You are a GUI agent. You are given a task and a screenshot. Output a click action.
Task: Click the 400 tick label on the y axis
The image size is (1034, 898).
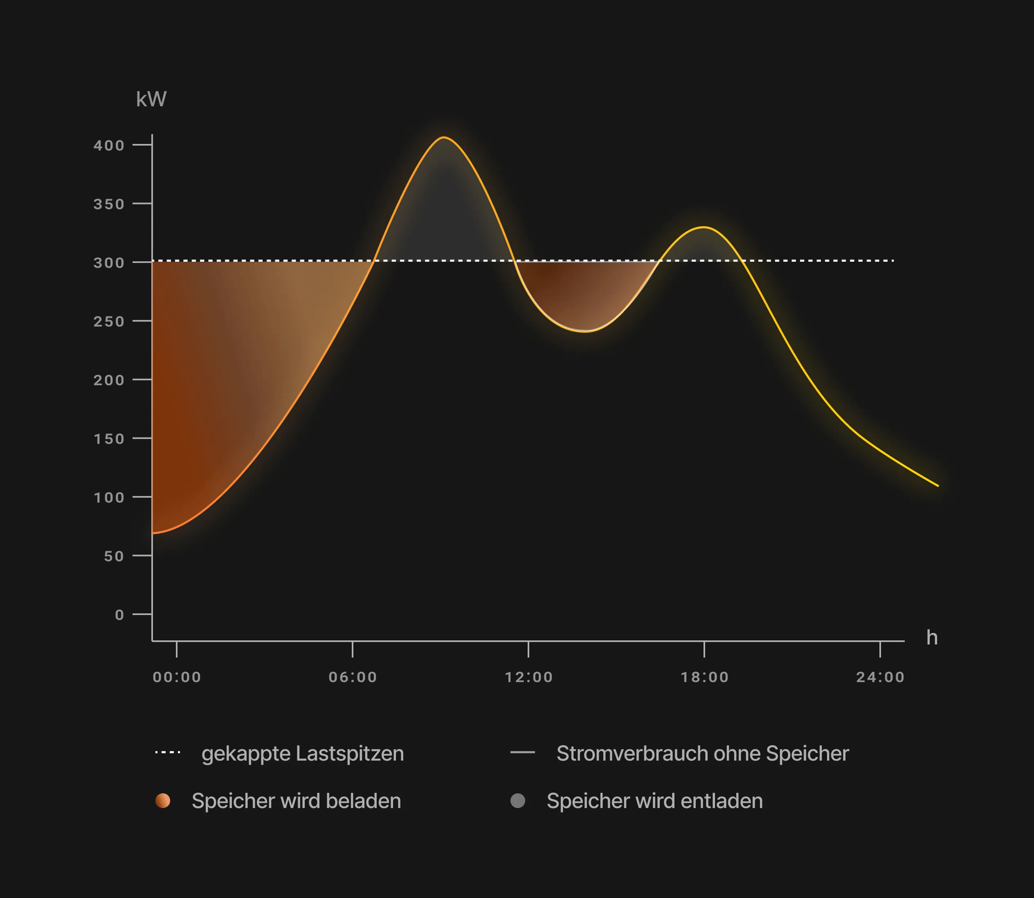point(109,145)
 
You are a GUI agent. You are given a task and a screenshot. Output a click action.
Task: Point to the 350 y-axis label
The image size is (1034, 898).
point(109,204)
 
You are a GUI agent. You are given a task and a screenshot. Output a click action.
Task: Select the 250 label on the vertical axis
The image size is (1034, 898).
point(109,321)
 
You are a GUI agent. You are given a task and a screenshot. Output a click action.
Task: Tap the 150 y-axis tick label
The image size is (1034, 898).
point(109,439)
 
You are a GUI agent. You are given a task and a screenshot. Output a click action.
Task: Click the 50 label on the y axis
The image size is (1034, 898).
point(114,556)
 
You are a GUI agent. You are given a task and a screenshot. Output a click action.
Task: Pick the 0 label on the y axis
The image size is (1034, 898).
point(119,615)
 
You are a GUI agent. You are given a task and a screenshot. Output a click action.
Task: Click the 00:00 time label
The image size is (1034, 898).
point(177,677)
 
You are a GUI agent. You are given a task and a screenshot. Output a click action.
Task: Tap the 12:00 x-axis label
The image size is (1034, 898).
point(529,677)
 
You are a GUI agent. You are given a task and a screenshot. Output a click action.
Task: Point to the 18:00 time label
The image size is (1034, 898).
point(705,677)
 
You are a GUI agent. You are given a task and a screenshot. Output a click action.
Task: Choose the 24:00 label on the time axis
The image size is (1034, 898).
point(880,677)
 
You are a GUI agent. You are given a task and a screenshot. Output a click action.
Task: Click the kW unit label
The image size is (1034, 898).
point(151,99)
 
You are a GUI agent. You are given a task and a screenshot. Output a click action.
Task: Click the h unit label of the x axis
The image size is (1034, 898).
point(932,638)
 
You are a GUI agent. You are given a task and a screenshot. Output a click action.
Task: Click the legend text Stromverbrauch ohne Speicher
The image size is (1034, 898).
point(703,754)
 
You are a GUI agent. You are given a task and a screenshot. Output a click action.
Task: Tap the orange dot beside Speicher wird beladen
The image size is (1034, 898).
point(163,801)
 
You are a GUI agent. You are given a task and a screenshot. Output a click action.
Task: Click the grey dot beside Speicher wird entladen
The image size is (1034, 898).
point(518,801)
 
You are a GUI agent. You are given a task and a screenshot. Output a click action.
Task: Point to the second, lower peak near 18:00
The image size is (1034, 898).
point(704,227)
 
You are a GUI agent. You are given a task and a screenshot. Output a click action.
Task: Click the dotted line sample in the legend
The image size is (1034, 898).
point(168,752)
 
